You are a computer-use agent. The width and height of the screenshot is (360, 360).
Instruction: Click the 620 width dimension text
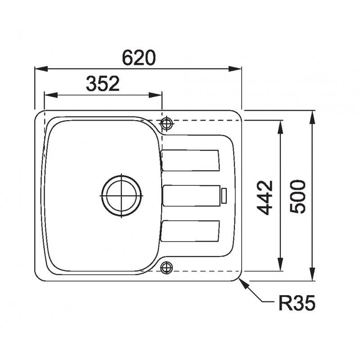click(x=139, y=58)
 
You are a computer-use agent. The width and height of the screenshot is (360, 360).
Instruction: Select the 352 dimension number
click(x=103, y=84)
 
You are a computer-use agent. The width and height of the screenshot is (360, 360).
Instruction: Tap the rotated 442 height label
click(x=265, y=198)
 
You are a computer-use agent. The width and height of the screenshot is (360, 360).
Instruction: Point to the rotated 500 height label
click(x=298, y=196)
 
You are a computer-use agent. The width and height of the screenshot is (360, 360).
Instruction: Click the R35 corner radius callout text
click(x=297, y=303)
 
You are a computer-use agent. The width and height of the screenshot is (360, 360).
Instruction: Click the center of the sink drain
click(x=121, y=196)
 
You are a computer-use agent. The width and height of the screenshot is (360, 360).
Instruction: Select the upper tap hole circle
click(x=166, y=123)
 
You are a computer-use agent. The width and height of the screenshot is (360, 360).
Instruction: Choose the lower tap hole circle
click(x=166, y=267)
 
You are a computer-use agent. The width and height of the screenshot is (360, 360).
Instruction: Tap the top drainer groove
click(x=190, y=161)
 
